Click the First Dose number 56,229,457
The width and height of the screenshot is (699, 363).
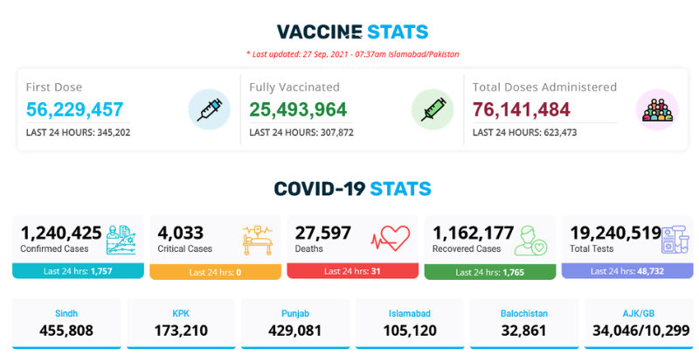tap(74, 109)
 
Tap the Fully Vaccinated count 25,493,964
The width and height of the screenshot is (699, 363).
tap(298, 109)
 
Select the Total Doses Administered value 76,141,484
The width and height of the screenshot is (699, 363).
tap(522, 109)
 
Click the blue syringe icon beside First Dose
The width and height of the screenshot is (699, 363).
tap(209, 109)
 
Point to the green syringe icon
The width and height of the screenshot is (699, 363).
tap(433, 109)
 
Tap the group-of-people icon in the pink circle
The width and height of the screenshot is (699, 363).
tap(656, 109)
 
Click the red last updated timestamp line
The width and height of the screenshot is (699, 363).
tap(352, 54)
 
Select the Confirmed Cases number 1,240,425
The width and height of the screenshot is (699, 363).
tap(61, 233)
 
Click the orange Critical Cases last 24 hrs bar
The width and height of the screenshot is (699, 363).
tap(215, 271)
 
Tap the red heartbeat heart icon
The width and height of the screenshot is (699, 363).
tap(391, 238)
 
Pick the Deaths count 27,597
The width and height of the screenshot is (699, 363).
tap(323, 233)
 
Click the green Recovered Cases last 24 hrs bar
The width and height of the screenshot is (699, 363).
tap(489, 271)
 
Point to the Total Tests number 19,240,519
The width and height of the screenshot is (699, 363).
tap(615, 233)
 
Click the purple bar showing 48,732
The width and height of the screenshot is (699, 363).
tap(626, 271)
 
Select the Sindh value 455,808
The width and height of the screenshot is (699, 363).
tap(66, 331)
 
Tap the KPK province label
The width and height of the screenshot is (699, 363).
tap(181, 313)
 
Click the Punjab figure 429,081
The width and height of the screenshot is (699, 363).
tap(295, 331)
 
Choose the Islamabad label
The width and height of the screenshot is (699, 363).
tap(410, 313)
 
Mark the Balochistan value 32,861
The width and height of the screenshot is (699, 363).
tap(524, 331)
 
